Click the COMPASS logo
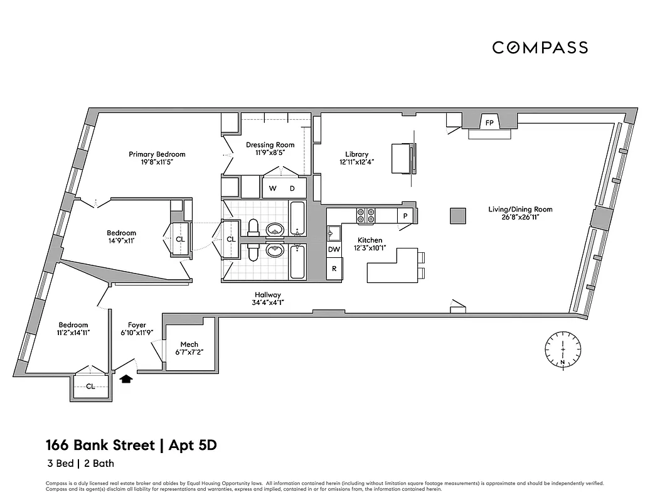(x=540, y=48)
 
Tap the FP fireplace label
(x=488, y=121)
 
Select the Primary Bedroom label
(x=157, y=154)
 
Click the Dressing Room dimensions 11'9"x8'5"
(x=270, y=153)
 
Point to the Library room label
(x=356, y=154)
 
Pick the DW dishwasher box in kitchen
(x=334, y=250)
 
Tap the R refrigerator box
(x=334, y=269)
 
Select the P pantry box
(x=405, y=216)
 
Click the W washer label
(x=272, y=188)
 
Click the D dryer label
(x=292, y=188)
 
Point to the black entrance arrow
(x=126, y=378)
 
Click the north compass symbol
(x=563, y=349)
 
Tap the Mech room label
(x=189, y=344)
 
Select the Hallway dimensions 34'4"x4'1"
(x=267, y=303)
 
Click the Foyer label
(x=137, y=325)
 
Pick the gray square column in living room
(x=458, y=215)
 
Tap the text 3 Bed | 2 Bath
(x=80, y=464)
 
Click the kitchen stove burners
(x=366, y=216)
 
